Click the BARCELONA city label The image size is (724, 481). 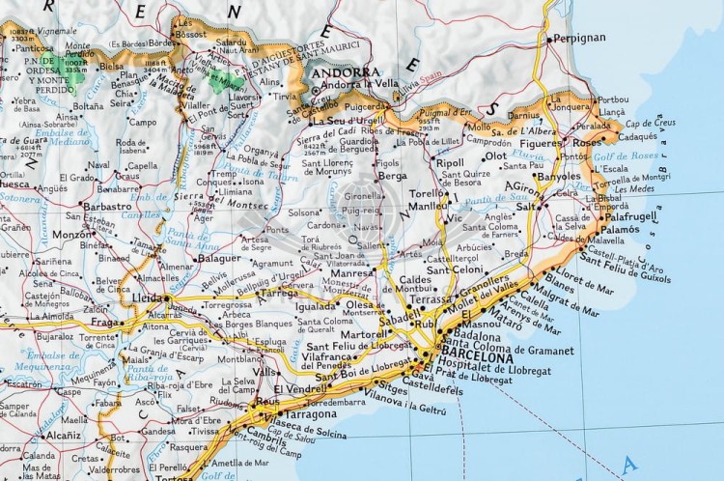476,352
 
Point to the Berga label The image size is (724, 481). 392,176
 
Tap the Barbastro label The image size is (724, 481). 107,206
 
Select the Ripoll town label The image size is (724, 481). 450,163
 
